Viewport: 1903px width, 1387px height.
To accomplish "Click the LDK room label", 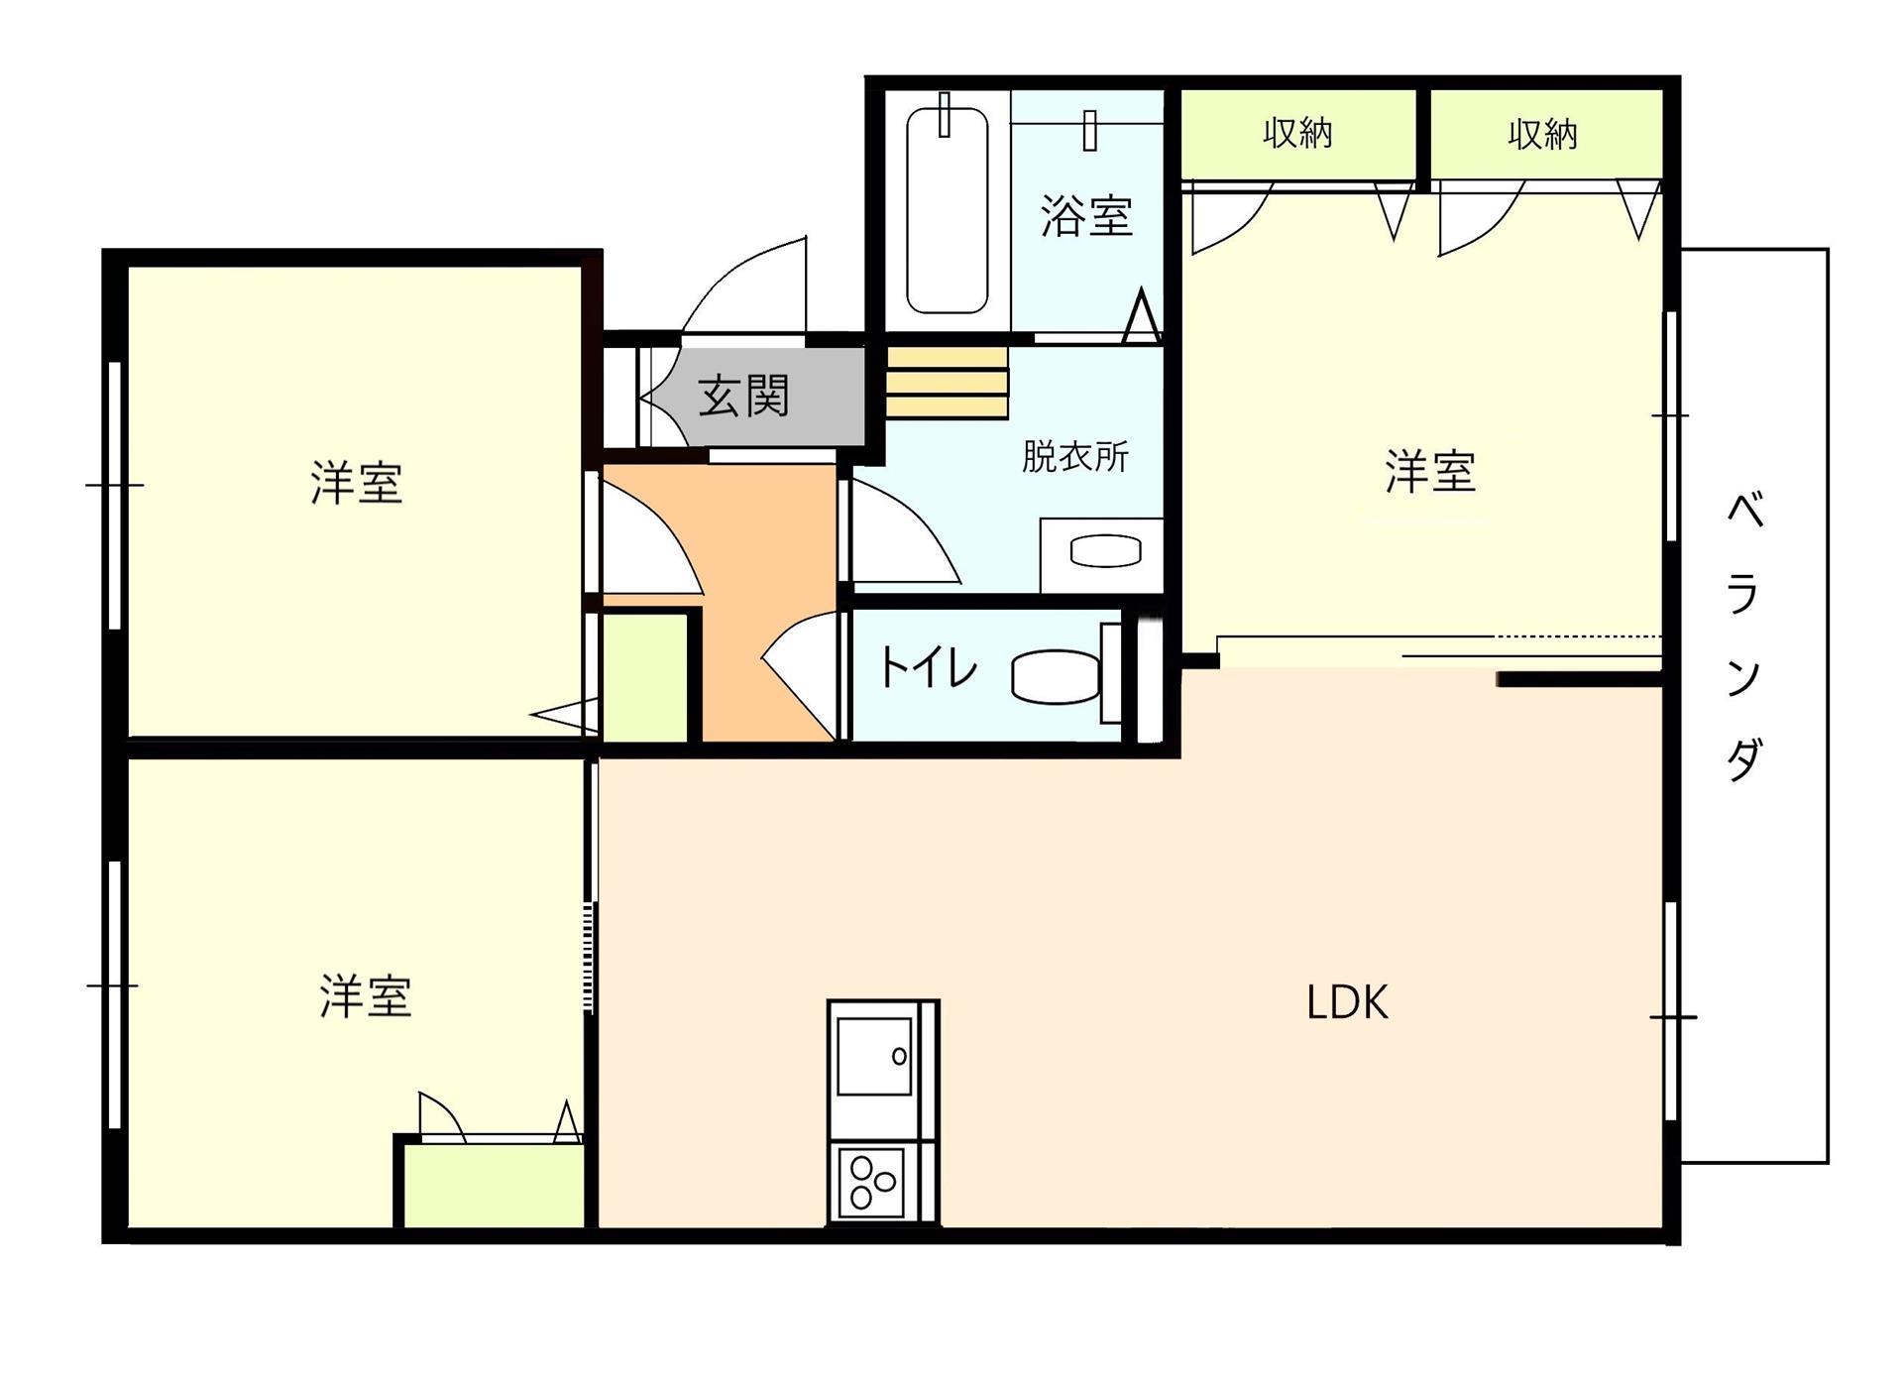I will click(x=1347, y=1002).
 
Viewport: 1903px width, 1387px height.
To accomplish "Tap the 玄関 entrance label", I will click(x=743, y=397).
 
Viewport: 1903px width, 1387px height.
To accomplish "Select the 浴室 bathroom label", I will click(x=1086, y=215).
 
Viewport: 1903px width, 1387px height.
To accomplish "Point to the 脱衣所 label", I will click(x=1074, y=457).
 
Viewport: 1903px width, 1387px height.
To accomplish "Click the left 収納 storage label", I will click(x=1297, y=133).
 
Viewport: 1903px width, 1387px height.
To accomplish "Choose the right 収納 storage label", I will click(x=1542, y=134).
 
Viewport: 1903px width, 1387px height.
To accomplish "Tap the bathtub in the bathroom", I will click(x=947, y=210).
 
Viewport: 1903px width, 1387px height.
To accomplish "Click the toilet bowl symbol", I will click(x=1056, y=676).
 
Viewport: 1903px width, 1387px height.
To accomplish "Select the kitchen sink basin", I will click(x=874, y=1057).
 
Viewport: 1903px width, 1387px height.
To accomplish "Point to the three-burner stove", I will click(x=872, y=1183).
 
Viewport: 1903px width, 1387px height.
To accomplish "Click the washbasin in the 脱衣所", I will click(x=1105, y=551).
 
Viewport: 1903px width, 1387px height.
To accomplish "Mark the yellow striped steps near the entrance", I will click(x=947, y=383).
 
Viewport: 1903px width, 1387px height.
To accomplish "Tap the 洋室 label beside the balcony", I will click(x=1430, y=472).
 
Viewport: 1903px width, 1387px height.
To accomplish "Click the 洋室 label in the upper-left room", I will click(x=356, y=484).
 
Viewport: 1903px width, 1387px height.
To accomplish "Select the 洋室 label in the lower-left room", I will click(x=365, y=996).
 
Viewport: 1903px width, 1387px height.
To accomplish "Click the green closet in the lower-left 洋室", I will click(x=493, y=1186).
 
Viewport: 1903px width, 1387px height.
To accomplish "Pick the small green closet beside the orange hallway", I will click(x=645, y=677).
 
